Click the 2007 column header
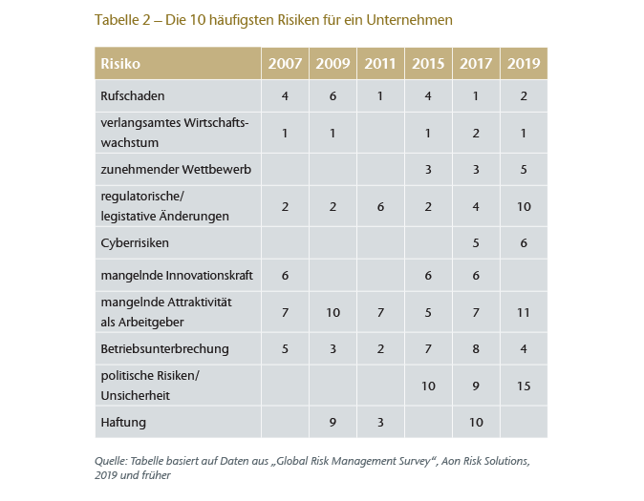285,64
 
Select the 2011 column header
380,64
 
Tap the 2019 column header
524,64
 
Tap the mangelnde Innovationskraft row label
176,277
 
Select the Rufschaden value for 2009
333,95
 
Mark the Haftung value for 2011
380,419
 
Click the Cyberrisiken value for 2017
476,242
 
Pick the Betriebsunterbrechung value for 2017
476,348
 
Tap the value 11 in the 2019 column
524,312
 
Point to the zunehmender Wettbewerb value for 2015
428,169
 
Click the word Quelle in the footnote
113,461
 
